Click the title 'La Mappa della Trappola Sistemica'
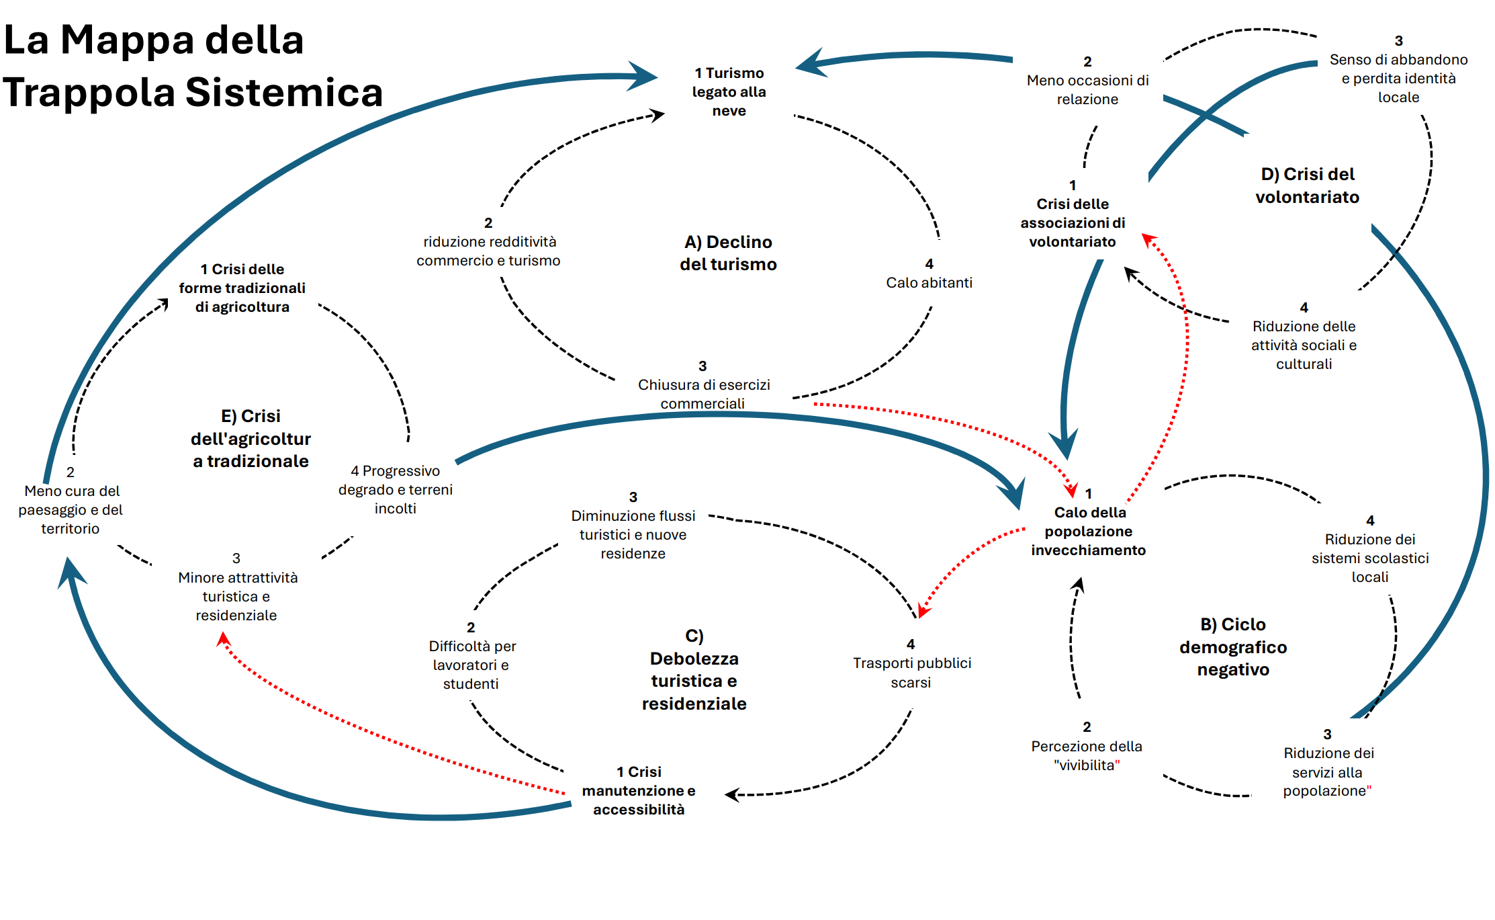pyautogui.click(x=193, y=65)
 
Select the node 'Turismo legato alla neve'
pyautogui.click(x=729, y=92)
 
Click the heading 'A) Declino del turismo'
pyautogui.click(x=728, y=253)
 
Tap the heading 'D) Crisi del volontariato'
pyautogui.click(x=1307, y=185)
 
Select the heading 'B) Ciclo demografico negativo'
pyautogui.click(x=1233, y=647)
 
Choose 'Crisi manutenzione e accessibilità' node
pyautogui.click(x=639, y=791)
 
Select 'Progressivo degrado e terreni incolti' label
pyautogui.click(x=396, y=489)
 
